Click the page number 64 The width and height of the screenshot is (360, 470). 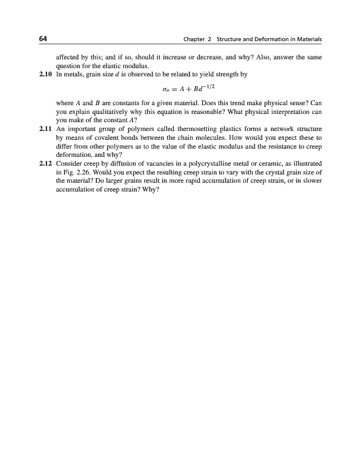[42, 39]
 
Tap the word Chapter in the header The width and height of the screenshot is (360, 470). [195, 39]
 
